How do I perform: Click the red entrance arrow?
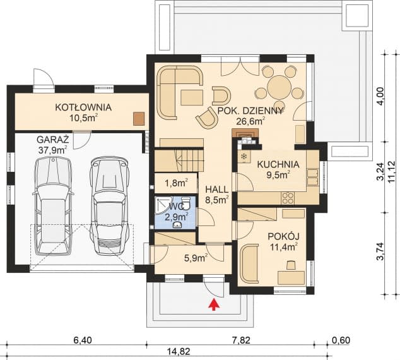[x=214, y=305]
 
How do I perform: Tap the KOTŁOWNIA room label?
[x=83, y=107]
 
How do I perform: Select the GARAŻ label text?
[x=53, y=140]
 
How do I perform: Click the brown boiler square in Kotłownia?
[x=139, y=119]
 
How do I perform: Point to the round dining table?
[x=279, y=87]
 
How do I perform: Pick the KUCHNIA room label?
[x=278, y=164]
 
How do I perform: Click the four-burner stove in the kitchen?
[x=288, y=198]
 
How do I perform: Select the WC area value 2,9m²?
[x=177, y=217]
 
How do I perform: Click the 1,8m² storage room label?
[x=176, y=183]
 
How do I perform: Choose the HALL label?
[x=217, y=189]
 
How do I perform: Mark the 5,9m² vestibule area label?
[x=196, y=258]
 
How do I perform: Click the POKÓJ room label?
[x=283, y=236]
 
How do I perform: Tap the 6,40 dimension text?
[x=82, y=340]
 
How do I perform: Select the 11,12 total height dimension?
[x=392, y=172]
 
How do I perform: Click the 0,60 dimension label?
[x=341, y=340]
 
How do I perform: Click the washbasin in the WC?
[x=177, y=225]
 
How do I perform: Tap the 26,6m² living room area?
[x=250, y=121]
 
